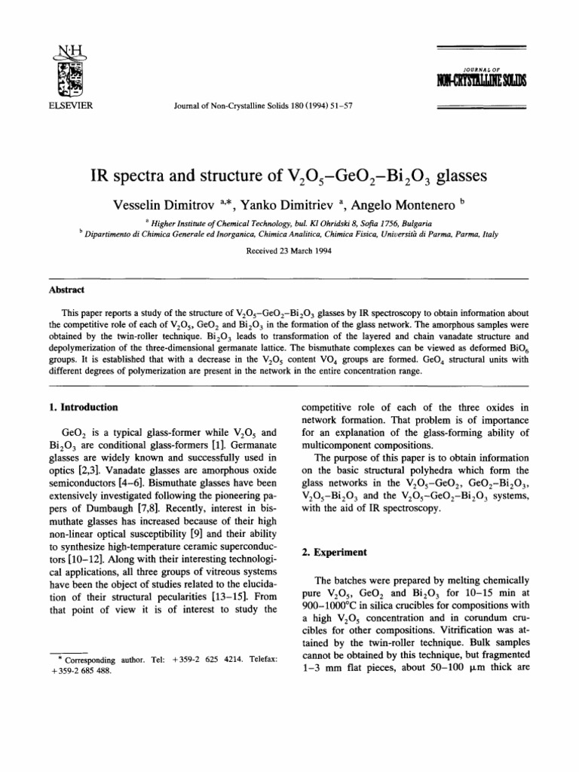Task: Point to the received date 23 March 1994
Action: coord(289,250)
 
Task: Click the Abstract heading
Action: coord(64,288)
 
